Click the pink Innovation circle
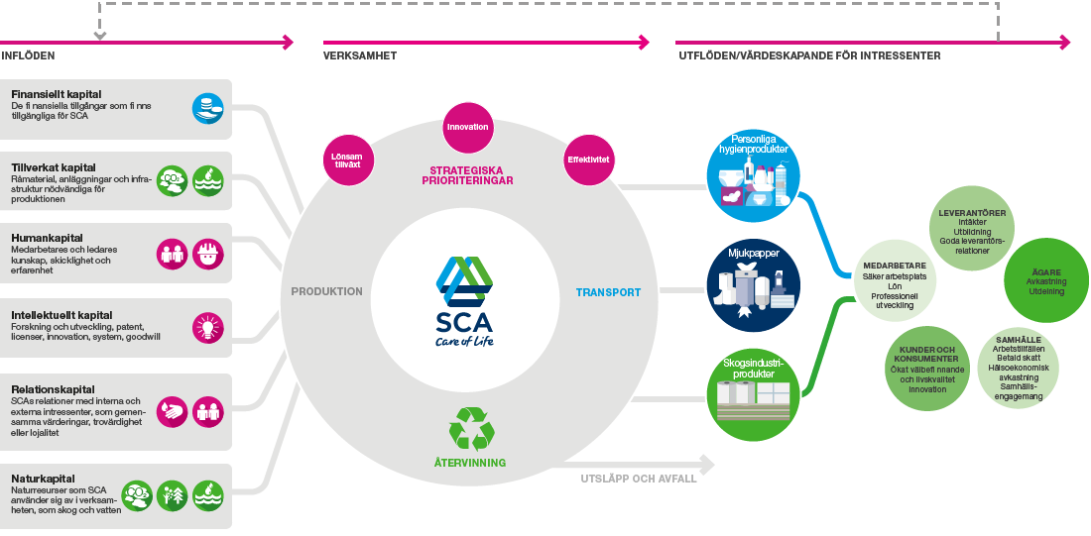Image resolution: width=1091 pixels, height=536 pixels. click(x=467, y=127)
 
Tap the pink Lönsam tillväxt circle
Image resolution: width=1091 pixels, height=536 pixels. click(x=348, y=161)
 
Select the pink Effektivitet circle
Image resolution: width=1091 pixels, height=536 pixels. click(x=588, y=160)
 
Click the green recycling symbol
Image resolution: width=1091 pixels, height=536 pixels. click(x=472, y=428)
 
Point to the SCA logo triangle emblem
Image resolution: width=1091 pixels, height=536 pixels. click(x=464, y=281)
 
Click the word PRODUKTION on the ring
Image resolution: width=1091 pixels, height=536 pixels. click(x=327, y=292)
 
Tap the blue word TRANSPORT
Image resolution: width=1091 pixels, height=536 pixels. click(x=608, y=292)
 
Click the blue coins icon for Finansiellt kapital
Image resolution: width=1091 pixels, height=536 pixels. click(x=208, y=108)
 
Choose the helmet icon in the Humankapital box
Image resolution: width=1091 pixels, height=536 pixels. click(x=208, y=254)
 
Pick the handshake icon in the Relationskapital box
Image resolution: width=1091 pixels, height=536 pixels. click(x=172, y=411)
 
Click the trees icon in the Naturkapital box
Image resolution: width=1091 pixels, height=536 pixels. click(x=173, y=495)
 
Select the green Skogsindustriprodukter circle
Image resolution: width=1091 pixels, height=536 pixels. click(x=754, y=394)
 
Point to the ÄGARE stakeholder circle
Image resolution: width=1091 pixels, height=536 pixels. click(x=1045, y=280)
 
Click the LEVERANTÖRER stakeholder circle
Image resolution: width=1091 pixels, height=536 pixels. click(x=972, y=230)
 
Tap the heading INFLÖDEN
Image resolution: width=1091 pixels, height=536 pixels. click(x=28, y=55)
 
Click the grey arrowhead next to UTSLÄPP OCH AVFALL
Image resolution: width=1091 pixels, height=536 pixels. click(x=707, y=464)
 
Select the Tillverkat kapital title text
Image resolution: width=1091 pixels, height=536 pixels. click(x=54, y=167)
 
